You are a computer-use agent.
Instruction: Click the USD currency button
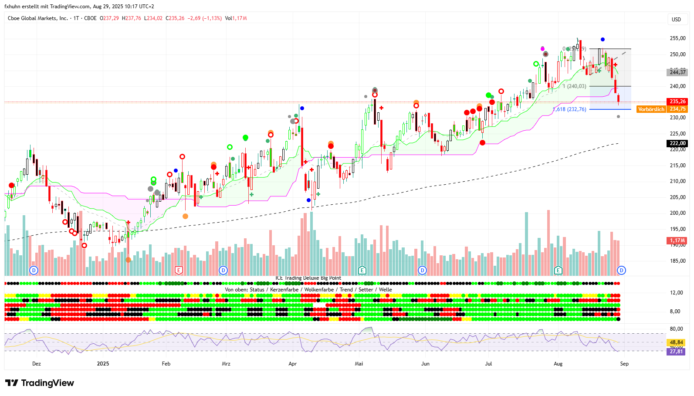point(676,19)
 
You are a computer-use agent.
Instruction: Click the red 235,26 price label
point(677,102)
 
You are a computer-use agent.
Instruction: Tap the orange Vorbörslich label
point(651,109)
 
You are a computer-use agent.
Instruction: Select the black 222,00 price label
point(677,143)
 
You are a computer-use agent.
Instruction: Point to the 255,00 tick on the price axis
point(677,38)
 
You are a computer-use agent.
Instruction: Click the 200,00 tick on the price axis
point(677,213)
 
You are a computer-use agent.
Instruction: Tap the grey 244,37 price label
point(677,72)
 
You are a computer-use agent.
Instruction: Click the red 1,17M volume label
point(677,240)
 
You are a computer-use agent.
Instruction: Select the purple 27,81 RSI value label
point(676,352)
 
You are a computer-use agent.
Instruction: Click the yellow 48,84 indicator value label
point(676,342)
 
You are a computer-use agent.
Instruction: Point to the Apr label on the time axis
point(292,364)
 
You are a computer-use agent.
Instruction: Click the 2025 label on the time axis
point(103,364)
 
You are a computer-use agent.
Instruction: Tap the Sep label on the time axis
point(624,364)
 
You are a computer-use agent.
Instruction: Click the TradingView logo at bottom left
point(40,383)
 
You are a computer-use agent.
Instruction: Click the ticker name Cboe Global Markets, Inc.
point(38,18)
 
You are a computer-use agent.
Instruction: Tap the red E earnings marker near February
point(178,271)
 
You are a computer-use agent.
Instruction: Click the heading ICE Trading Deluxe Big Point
point(308,278)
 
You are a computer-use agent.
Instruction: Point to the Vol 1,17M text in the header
point(236,18)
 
